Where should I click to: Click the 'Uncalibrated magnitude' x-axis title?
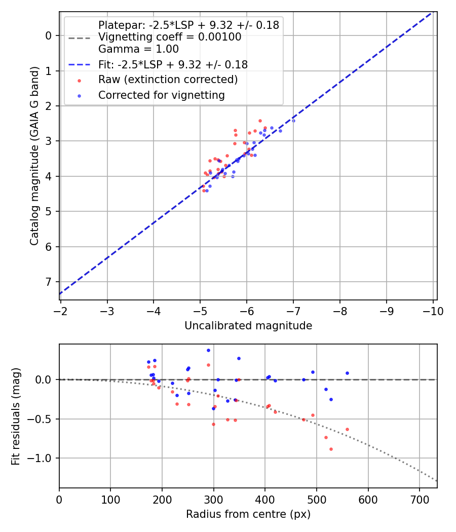click(x=248, y=326)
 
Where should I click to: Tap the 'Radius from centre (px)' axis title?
click(x=248, y=514)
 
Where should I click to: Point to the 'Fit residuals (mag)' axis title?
click(x=16, y=416)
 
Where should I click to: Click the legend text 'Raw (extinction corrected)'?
click(x=168, y=80)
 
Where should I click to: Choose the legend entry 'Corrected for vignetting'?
click(x=161, y=95)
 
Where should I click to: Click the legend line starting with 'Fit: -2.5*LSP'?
click(x=173, y=65)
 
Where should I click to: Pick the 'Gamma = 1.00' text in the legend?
click(x=138, y=50)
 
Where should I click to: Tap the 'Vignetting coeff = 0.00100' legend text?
click(x=169, y=37)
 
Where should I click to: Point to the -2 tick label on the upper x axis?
click(x=61, y=311)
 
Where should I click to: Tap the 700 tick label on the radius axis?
click(x=419, y=500)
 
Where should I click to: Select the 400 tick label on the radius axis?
click(x=265, y=500)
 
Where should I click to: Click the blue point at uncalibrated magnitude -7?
click(x=293, y=121)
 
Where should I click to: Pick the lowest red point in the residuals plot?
click(x=331, y=449)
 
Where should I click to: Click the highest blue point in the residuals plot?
click(x=208, y=350)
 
